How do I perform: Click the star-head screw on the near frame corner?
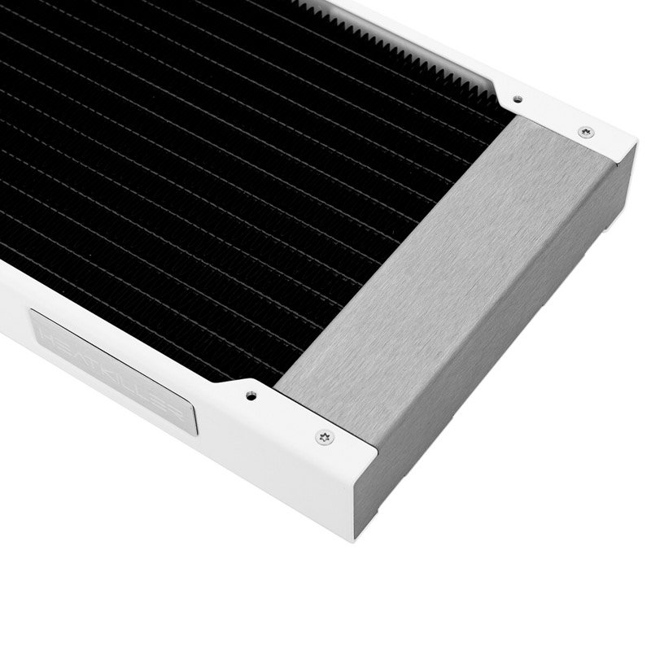point(325,437)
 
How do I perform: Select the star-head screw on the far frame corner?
point(584,132)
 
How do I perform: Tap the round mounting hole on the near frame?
point(248,397)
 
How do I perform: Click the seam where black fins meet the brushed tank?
point(391,244)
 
